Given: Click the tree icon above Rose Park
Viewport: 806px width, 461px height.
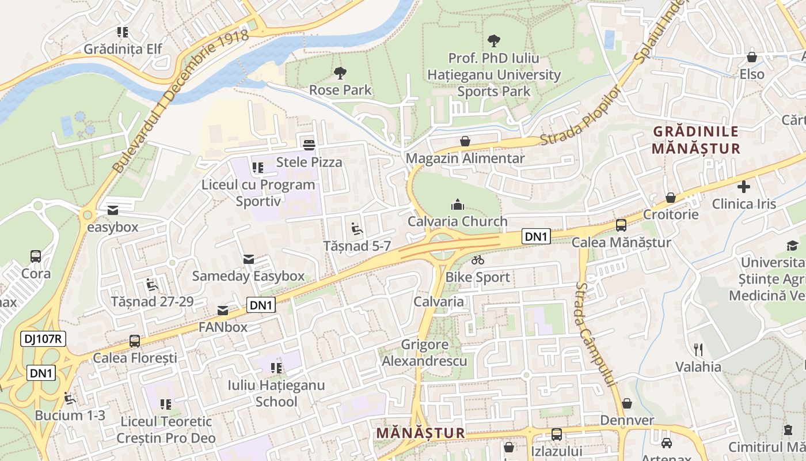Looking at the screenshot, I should click(x=340, y=73).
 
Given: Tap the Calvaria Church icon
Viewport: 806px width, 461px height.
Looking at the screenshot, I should click(x=458, y=204).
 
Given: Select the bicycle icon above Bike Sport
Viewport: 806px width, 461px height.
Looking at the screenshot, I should click(x=477, y=260).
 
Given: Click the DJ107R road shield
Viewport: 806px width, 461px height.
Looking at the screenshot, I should click(x=43, y=339).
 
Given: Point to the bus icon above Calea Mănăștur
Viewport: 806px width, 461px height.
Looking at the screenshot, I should click(x=621, y=225).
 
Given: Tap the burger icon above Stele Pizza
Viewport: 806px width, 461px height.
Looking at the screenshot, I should click(x=309, y=145).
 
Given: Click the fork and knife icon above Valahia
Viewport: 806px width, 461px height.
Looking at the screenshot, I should click(x=698, y=349).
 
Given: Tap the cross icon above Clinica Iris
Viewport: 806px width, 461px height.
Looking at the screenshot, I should click(x=744, y=187).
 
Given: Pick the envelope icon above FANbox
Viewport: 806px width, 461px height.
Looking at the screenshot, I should click(x=223, y=311).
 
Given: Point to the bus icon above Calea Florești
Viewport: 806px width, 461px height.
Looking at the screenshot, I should click(x=135, y=341).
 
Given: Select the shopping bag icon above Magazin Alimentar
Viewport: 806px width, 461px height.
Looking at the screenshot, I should click(x=465, y=141).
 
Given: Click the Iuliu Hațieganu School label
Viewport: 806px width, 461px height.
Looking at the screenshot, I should click(x=276, y=393).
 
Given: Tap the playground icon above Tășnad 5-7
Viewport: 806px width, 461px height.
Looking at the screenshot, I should click(x=357, y=229).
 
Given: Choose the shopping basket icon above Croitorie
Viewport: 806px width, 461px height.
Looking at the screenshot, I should click(x=671, y=198).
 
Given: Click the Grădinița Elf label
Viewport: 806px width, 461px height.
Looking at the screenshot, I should click(x=123, y=49).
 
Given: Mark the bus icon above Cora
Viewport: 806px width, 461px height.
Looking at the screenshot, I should click(x=36, y=256).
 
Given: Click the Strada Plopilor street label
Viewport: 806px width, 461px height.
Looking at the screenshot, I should click(x=580, y=115).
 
